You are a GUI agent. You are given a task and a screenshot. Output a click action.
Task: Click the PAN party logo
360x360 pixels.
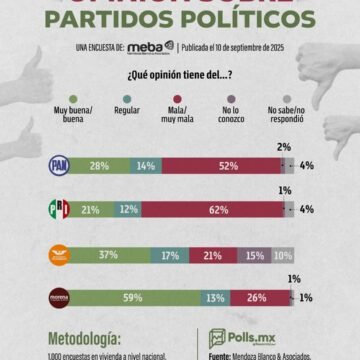[x=60, y=166]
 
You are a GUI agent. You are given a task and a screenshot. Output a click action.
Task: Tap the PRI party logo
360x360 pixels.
[x=60, y=209]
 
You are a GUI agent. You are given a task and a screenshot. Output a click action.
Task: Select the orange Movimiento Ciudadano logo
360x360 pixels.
[x=60, y=256]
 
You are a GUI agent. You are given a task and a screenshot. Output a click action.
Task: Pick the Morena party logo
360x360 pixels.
[x=60, y=297]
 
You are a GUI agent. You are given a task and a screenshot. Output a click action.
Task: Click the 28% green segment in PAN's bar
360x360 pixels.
[x=101, y=166]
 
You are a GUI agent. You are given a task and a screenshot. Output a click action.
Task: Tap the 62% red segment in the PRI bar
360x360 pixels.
[x=218, y=209]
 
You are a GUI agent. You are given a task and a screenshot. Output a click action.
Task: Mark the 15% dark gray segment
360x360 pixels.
[x=256, y=256]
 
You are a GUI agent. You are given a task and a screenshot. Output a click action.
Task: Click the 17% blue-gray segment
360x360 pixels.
[x=170, y=256]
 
